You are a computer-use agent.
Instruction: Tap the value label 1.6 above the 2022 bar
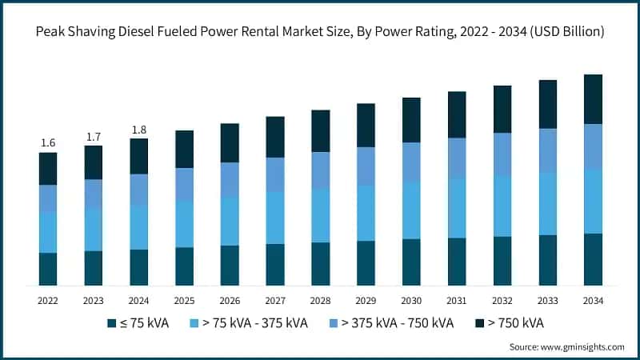[48, 143]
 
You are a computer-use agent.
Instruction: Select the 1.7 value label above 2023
[94, 137]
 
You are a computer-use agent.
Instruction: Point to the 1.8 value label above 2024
[139, 130]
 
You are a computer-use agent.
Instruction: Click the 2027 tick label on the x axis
[275, 301]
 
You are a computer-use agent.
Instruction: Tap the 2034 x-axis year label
[593, 301]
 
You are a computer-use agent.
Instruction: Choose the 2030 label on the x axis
[411, 301]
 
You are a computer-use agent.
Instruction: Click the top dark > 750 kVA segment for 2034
[593, 99]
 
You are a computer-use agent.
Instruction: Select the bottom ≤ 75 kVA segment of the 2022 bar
[48, 269]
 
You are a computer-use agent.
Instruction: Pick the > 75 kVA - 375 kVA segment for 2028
[321, 215]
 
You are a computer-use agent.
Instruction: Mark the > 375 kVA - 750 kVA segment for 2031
[457, 158]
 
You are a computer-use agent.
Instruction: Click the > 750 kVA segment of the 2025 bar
[185, 149]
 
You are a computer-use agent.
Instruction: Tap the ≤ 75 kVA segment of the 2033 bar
[548, 260]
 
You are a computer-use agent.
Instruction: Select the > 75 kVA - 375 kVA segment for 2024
[139, 227]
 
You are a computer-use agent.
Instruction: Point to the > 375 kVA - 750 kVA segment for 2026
[230, 180]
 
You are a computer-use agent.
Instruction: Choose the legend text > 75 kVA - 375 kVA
[255, 323]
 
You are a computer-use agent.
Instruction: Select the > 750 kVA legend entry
[516, 323]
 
